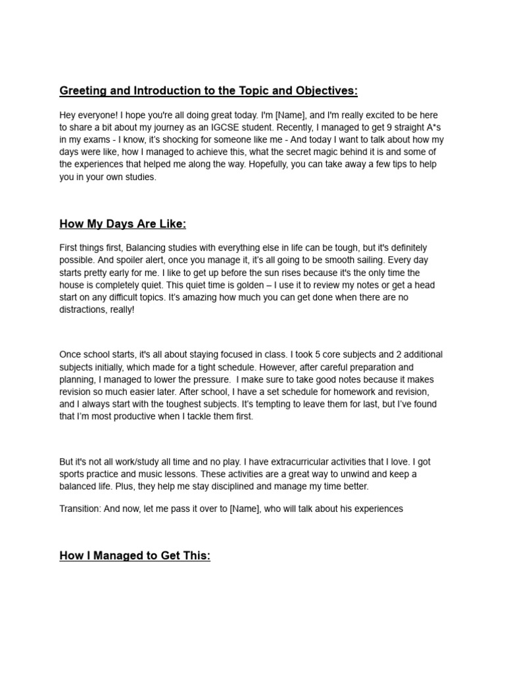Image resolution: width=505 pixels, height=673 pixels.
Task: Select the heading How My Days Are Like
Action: [123, 224]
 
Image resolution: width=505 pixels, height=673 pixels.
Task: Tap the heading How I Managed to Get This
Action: [135, 556]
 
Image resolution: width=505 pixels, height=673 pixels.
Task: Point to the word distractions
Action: [83, 310]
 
